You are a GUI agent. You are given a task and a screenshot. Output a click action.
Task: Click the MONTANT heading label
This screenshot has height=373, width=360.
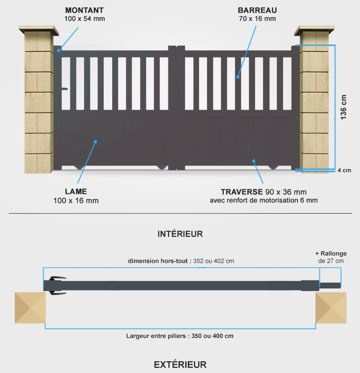click(84, 10)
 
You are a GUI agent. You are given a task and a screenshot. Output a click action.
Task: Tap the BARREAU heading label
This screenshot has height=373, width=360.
click(258, 10)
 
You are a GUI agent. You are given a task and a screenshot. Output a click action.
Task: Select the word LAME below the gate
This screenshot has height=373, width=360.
click(76, 191)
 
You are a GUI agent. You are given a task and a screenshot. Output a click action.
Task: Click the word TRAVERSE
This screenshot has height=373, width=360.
click(242, 192)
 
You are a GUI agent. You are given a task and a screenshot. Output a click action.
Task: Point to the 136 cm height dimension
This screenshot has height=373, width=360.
click(343, 107)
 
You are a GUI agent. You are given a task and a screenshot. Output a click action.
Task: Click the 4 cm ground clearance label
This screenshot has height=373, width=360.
click(344, 170)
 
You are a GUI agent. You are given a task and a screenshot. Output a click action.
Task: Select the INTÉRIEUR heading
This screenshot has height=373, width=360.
click(180, 234)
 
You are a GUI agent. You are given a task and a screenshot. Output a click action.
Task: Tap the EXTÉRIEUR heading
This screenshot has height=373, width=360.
click(180, 365)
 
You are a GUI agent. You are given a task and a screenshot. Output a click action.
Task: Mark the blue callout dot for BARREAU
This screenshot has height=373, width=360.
click(238, 77)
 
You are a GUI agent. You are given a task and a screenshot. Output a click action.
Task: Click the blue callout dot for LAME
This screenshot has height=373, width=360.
click(95, 142)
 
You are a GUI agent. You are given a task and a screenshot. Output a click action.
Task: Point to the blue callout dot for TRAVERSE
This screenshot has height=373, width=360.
click(254, 161)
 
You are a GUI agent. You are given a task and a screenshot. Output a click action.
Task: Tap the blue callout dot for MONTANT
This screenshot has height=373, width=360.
click(59, 50)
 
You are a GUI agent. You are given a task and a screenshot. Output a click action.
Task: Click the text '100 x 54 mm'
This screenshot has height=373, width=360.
click(84, 19)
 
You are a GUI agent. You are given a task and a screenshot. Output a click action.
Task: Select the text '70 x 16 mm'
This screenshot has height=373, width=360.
click(258, 19)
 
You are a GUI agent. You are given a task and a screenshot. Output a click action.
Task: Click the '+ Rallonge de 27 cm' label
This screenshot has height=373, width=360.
click(331, 257)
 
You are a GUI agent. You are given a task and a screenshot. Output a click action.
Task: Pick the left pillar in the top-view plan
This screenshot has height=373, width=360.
click(30, 307)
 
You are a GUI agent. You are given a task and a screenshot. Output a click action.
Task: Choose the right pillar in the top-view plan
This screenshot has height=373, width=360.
click(331, 307)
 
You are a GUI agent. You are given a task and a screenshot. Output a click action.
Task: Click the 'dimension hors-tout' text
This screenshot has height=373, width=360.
click(158, 261)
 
